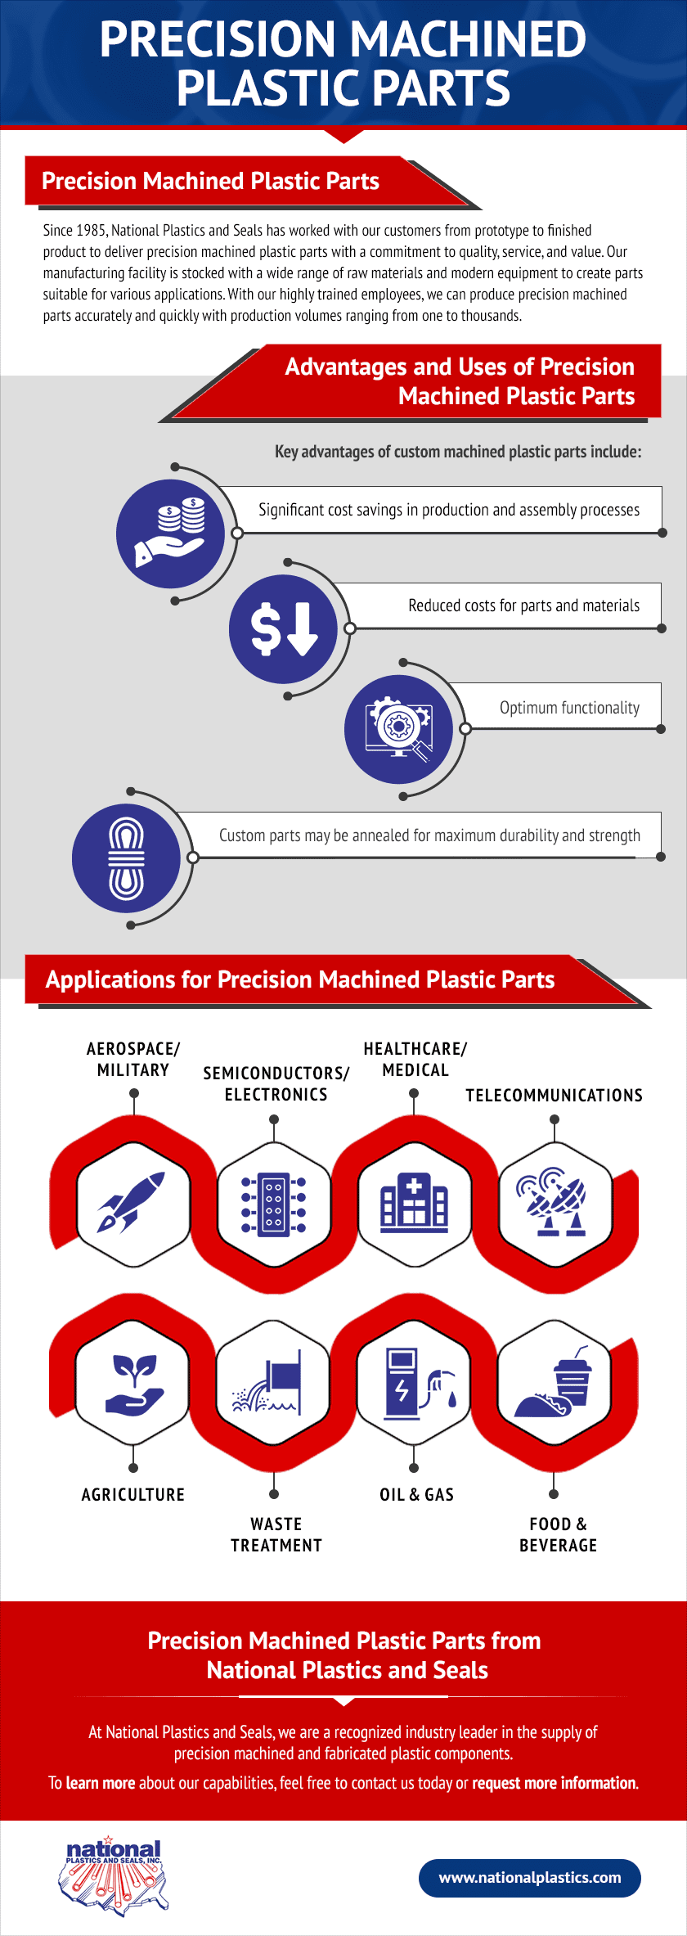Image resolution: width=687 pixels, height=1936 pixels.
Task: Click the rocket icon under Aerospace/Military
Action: (x=131, y=1203)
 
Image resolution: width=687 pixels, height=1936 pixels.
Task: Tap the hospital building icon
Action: (x=415, y=1203)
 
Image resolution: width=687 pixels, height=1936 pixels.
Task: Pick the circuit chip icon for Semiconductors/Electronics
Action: (x=274, y=1204)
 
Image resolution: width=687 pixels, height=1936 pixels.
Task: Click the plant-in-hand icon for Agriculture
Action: (x=134, y=1384)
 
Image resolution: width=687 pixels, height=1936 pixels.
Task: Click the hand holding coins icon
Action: (x=170, y=534)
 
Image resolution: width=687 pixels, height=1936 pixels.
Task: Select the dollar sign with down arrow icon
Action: (x=284, y=629)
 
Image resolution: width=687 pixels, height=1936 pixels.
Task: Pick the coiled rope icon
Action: (x=126, y=858)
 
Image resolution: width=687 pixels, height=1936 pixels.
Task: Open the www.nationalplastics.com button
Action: (x=530, y=1878)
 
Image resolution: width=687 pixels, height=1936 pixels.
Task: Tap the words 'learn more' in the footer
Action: (x=101, y=1783)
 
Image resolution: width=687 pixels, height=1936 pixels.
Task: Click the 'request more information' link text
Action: (x=555, y=1783)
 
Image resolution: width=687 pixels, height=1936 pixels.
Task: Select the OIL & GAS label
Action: (x=416, y=1494)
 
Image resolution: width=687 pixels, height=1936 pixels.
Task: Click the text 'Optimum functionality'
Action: (x=569, y=708)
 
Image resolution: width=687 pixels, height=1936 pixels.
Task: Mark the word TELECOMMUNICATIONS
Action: (x=554, y=1095)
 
